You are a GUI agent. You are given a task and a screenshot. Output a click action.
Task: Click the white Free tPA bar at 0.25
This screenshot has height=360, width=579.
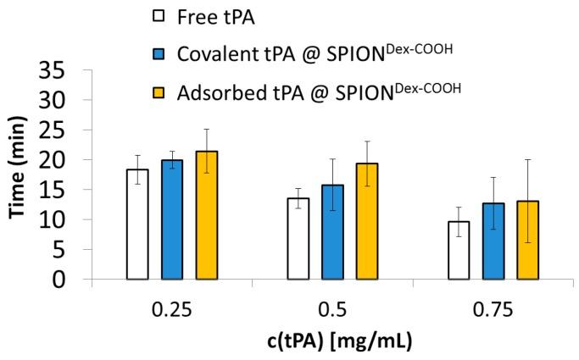[x=137, y=224]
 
